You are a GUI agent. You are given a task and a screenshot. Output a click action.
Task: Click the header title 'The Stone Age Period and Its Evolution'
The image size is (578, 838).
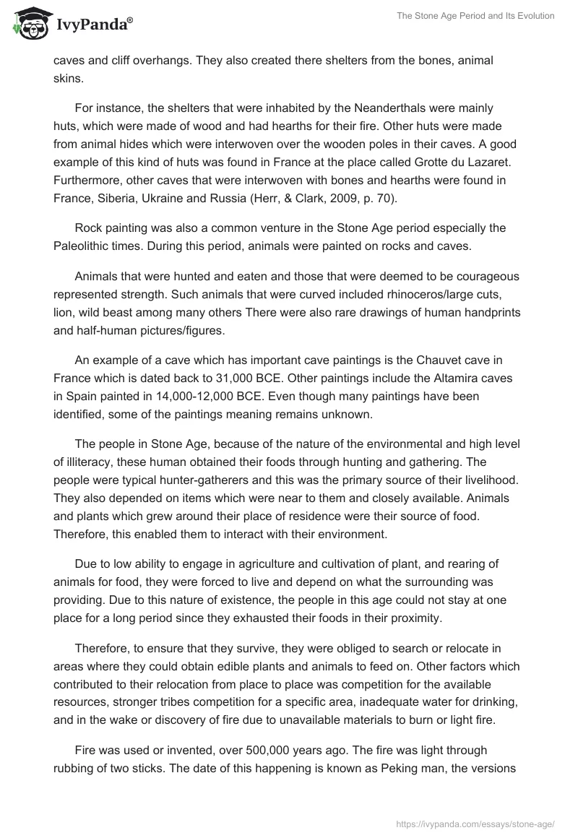[475, 16]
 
